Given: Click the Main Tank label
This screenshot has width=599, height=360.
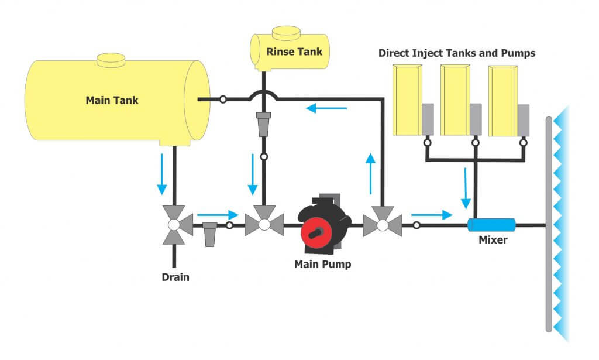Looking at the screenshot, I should [x=112, y=100].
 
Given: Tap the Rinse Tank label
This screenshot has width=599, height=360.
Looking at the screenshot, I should [x=294, y=52].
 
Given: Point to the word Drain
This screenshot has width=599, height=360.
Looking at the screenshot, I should [x=175, y=277].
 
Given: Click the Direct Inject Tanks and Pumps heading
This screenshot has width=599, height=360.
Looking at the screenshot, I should [x=457, y=53].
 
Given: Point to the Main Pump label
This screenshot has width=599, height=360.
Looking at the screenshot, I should [x=322, y=264].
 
